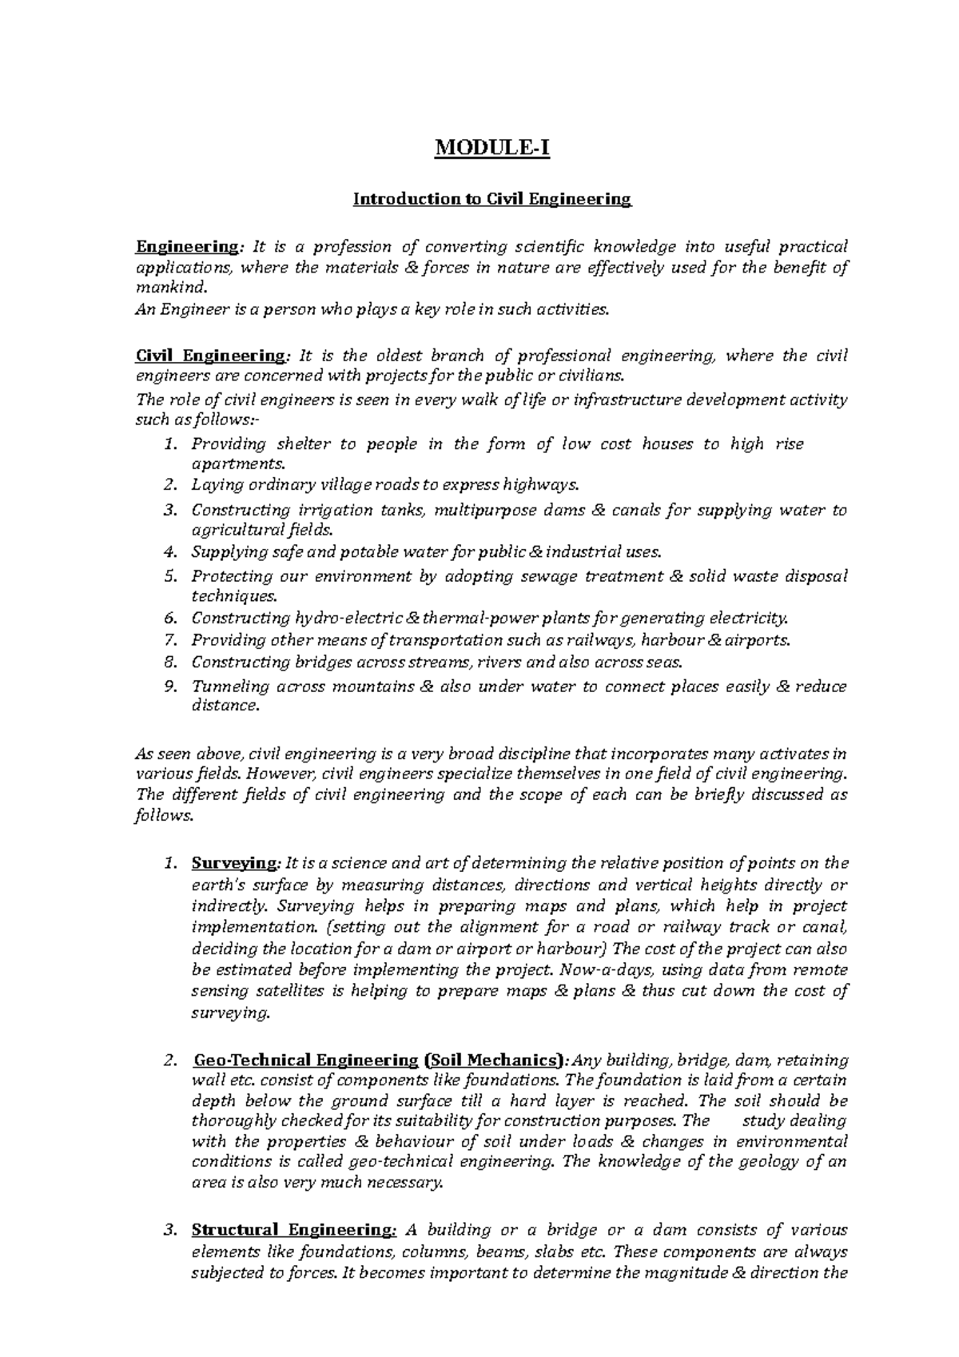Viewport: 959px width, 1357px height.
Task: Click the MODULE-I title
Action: pyautogui.click(x=491, y=149)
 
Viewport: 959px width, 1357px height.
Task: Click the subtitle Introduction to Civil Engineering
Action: pyautogui.click(x=492, y=199)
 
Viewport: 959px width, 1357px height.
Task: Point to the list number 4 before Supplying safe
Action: pyautogui.click(x=168, y=552)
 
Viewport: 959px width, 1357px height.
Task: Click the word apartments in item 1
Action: pyautogui.click(x=237, y=464)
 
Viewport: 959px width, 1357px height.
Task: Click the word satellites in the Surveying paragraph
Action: pyautogui.click(x=288, y=991)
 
